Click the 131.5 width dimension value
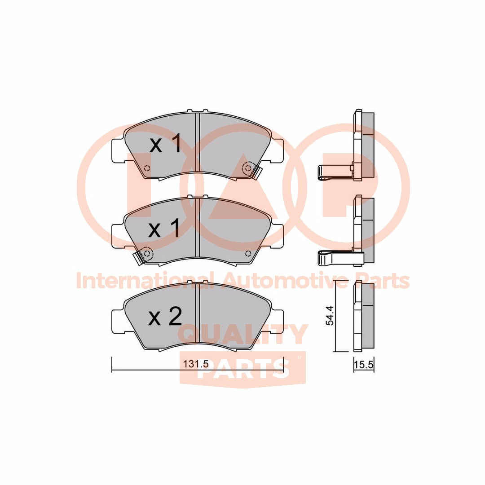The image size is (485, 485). [196, 364]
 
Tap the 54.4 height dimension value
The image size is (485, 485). [330, 316]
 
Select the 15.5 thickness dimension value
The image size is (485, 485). [364, 365]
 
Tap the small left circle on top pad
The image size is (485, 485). [147, 168]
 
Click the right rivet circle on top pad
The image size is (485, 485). [248, 168]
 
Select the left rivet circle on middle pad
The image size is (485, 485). [147, 254]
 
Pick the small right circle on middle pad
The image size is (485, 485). [247, 254]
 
